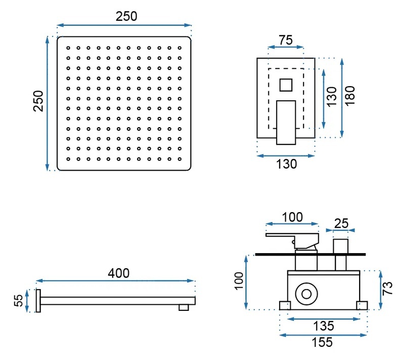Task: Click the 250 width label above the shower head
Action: click(126, 16)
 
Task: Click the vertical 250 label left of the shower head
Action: click(38, 101)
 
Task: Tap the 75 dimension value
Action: click(286, 40)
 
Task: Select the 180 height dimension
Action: click(350, 96)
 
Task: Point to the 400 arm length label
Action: click(118, 273)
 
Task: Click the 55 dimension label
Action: click(19, 300)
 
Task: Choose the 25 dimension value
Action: click(341, 223)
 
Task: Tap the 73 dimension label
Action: click(387, 288)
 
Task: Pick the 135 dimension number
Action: click(323, 326)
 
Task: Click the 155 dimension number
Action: click(322, 342)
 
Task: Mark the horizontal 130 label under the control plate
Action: click(287, 164)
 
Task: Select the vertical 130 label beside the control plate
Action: click(332, 97)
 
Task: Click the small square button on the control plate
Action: click(286, 85)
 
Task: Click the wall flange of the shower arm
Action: click(38, 301)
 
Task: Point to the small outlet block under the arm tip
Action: click(184, 307)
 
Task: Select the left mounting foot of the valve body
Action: click(285, 305)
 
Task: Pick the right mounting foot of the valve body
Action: click(362, 305)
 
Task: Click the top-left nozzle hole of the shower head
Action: click(68, 48)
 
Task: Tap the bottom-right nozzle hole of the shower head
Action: click(180, 159)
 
